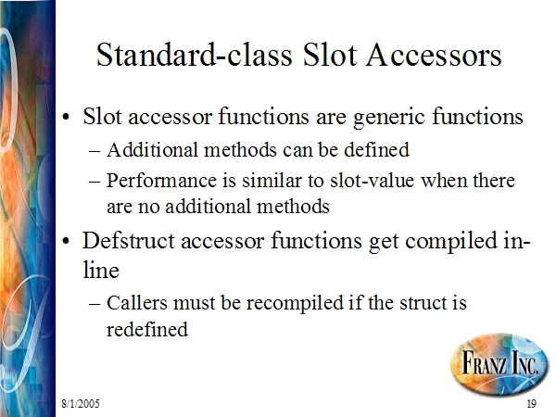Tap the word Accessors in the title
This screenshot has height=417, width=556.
click(434, 55)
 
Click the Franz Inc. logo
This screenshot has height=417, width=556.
click(500, 364)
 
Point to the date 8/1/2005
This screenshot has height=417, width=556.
click(81, 403)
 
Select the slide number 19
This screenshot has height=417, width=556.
click(532, 403)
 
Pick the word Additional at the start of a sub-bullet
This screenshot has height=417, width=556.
click(152, 149)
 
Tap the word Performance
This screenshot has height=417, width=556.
click(161, 180)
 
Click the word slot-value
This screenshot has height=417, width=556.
click(372, 180)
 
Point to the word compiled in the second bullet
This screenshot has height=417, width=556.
click(451, 241)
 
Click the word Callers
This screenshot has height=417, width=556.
click(137, 303)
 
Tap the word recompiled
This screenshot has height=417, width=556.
click(295, 304)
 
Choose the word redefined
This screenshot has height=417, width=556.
click(147, 329)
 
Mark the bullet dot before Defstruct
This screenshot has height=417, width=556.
click(66, 241)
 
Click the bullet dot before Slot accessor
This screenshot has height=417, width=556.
click(66, 117)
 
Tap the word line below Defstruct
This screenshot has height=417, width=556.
click(101, 271)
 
